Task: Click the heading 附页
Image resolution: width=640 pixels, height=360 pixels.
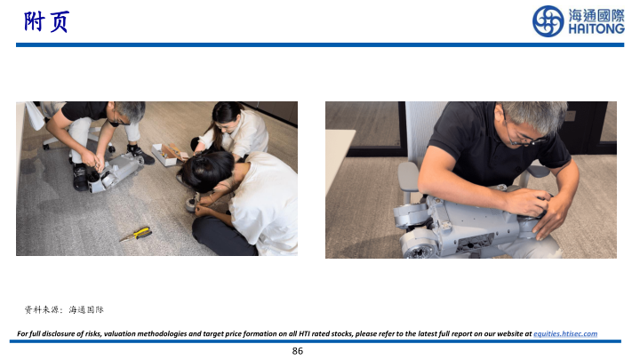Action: click(x=46, y=21)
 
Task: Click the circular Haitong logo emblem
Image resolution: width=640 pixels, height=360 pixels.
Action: click(x=548, y=21)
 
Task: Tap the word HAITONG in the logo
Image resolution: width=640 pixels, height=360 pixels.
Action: click(x=596, y=29)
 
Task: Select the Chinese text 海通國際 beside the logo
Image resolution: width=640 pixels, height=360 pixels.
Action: click(x=596, y=15)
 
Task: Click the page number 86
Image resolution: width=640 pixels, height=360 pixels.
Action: click(x=298, y=351)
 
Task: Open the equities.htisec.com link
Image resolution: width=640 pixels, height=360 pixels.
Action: click(x=565, y=333)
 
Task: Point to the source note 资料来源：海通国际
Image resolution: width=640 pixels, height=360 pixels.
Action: click(x=64, y=310)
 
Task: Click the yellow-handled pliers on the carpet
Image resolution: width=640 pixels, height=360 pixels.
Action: click(x=136, y=235)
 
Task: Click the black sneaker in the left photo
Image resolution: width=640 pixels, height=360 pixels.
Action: click(x=80, y=177)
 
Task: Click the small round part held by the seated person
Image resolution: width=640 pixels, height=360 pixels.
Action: click(x=191, y=204)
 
